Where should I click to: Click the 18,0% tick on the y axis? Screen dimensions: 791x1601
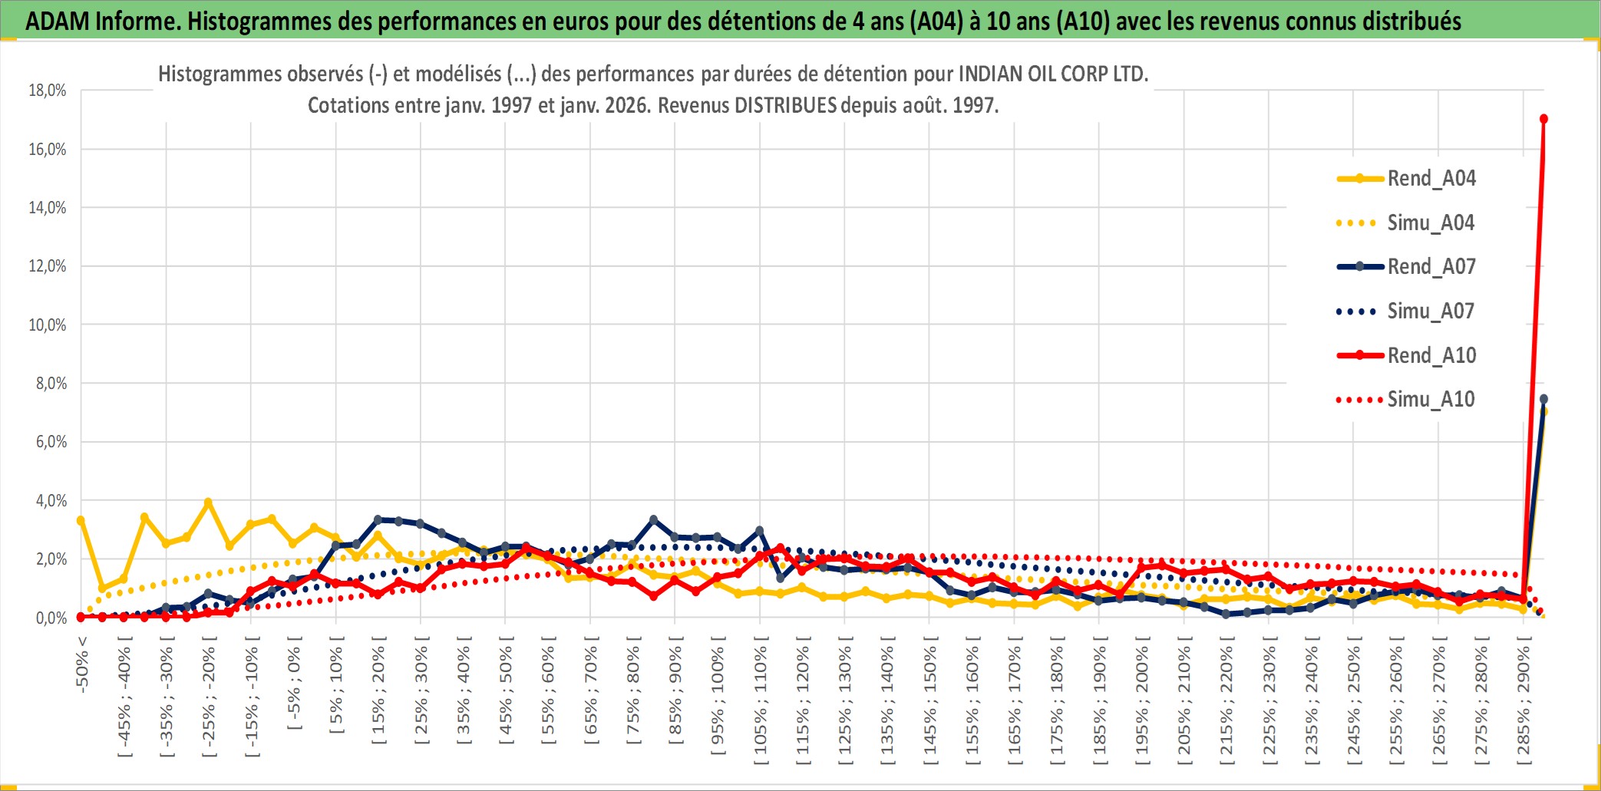tap(48, 91)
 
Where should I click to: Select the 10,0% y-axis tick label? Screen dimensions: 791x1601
tap(48, 325)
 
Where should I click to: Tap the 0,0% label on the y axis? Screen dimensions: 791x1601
tap(51, 618)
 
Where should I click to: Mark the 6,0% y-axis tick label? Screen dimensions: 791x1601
tap(51, 442)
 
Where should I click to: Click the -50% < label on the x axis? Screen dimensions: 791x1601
tap(82, 664)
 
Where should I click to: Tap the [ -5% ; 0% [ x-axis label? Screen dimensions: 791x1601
tap(294, 682)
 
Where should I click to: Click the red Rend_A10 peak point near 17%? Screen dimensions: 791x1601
tap(1543, 119)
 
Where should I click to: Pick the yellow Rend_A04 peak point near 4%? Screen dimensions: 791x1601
tap(208, 503)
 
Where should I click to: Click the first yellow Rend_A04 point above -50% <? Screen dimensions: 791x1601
tap(81, 521)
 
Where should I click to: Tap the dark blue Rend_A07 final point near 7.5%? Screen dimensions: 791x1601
tap(1543, 399)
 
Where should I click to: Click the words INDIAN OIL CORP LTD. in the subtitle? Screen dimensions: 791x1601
tap(1053, 74)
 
